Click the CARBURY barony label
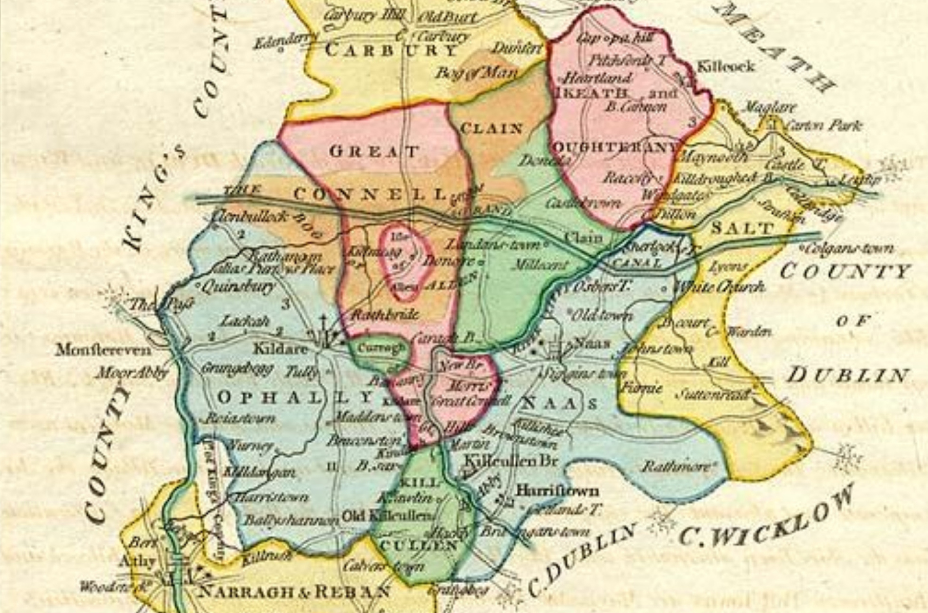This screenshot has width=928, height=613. point(391,50)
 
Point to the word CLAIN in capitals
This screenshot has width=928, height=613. point(491,129)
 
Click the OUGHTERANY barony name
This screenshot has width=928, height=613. point(616,146)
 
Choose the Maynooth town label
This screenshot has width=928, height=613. point(713,157)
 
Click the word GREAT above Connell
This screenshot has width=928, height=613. point(374,151)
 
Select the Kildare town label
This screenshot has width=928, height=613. point(280,348)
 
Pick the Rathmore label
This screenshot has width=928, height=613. point(675,467)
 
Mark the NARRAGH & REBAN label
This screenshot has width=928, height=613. point(295,592)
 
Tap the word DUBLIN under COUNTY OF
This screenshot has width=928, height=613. point(848,375)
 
